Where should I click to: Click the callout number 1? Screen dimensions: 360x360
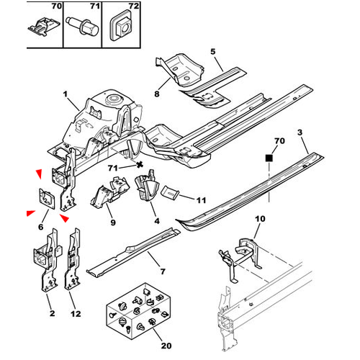66,94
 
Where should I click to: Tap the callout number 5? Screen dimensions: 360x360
212,51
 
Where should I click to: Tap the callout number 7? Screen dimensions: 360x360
163,272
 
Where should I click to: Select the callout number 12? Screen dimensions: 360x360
75,314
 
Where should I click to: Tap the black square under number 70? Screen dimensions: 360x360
269,156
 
